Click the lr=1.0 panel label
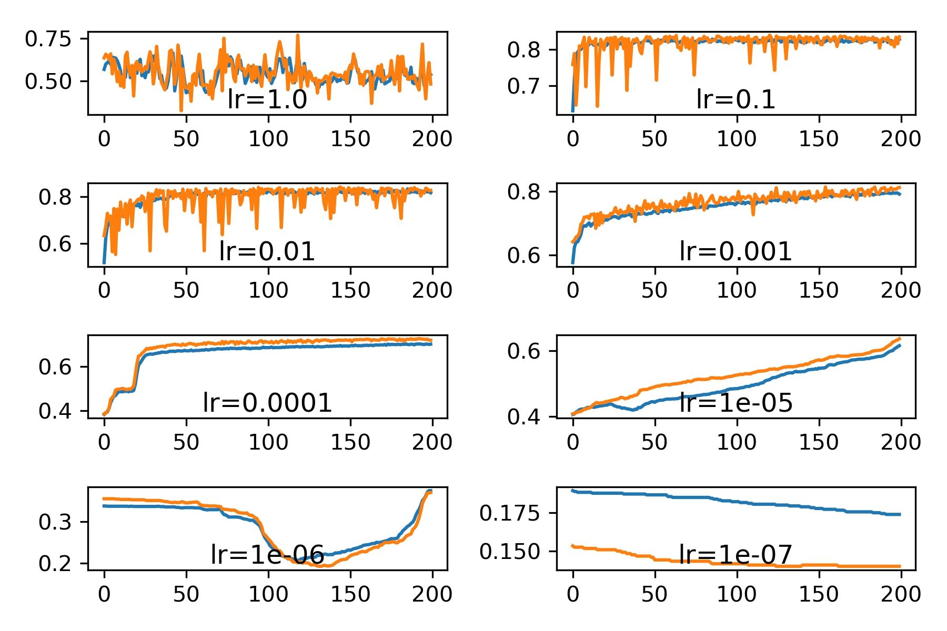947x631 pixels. pyautogui.click(x=267, y=99)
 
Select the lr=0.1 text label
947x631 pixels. pyautogui.click(x=736, y=99)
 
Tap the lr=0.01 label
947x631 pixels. pyautogui.click(x=267, y=251)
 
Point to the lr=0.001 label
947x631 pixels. pyautogui.click(x=736, y=251)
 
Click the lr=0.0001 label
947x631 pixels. pyautogui.click(x=267, y=403)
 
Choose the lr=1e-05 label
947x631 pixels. pyautogui.click(x=736, y=403)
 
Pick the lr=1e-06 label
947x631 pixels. pyautogui.click(x=267, y=555)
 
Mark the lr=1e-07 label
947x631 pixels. pyautogui.click(x=736, y=555)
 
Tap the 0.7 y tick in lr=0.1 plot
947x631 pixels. pyautogui.click(x=523, y=86)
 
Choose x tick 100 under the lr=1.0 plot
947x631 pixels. pyautogui.click(x=268, y=139)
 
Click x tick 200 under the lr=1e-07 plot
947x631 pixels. pyautogui.click(x=901, y=594)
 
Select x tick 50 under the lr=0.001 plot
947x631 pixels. pyautogui.click(x=654, y=290)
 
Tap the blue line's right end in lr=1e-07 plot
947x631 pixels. pyautogui.click(x=900, y=514)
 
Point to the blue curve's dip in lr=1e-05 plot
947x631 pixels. pyautogui.click(x=634, y=409)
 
